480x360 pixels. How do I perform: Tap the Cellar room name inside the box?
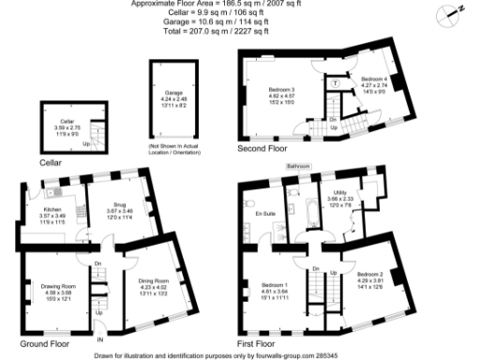(67, 121)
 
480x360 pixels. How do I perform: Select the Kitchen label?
(52, 210)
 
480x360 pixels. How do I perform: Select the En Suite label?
(265, 214)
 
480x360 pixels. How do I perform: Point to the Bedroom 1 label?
(276, 284)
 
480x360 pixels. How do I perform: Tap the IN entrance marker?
(100, 338)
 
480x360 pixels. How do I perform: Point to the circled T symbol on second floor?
(336, 83)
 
